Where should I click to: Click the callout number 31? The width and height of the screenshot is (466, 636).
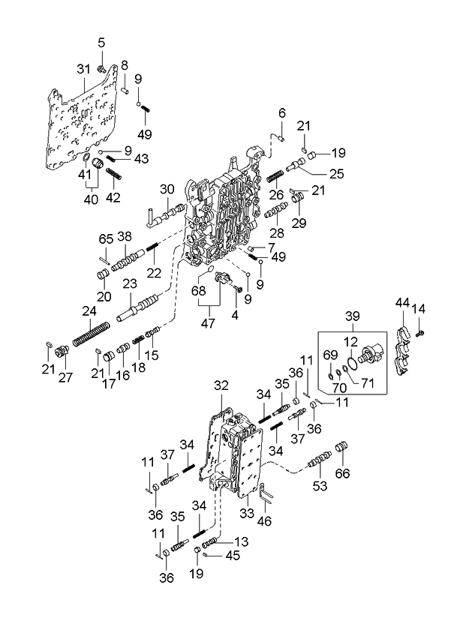tap(83, 69)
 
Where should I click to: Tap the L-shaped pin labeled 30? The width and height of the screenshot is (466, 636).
tap(155, 216)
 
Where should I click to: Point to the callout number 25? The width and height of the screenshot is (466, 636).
tap(316, 175)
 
